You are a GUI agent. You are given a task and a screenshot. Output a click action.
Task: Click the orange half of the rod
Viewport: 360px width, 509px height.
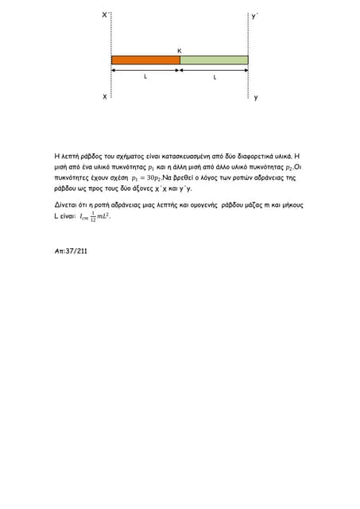click(x=145, y=60)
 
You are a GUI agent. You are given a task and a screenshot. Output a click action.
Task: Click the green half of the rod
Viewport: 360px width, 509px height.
click(x=214, y=60)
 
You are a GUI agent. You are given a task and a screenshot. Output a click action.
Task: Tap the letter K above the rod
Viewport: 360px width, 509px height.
click(x=179, y=50)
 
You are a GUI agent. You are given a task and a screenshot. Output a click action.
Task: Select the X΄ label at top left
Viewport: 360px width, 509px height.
click(x=106, y=15)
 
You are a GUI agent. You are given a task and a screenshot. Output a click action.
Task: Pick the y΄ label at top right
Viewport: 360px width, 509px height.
click(x=254, y=15)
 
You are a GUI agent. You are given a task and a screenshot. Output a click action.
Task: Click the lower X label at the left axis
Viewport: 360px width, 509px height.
click(x=104, y=96)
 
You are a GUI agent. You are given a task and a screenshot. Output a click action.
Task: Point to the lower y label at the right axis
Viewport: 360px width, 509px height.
click(x=255, y=98)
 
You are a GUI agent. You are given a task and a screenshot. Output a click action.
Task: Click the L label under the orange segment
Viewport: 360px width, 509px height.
click(x=145, y=78)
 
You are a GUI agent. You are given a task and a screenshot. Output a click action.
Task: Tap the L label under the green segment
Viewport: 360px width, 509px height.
click(x=215, y=78)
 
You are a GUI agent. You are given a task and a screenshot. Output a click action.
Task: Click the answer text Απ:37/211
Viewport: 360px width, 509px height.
click(x=71, y=250)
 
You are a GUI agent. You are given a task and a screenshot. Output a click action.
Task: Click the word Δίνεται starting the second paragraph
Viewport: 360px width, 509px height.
click(x=67, y=205)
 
